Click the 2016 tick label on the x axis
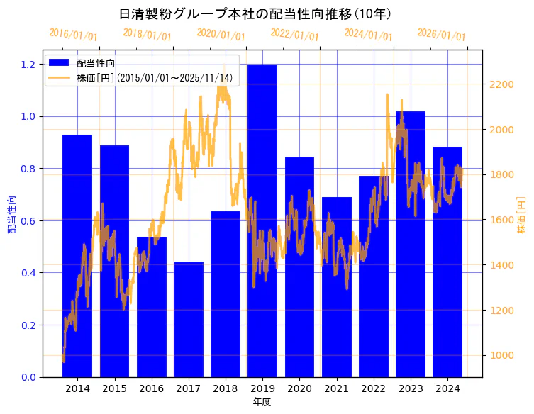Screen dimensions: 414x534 (x=151, y=388)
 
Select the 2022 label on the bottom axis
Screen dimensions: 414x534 (x=373, y=388)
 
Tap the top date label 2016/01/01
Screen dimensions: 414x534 (x=73, y=34)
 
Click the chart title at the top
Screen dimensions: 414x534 (x=255, y=13)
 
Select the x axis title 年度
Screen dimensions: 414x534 (x=262, y=402)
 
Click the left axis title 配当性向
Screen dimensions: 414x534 (x=11, y=214)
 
